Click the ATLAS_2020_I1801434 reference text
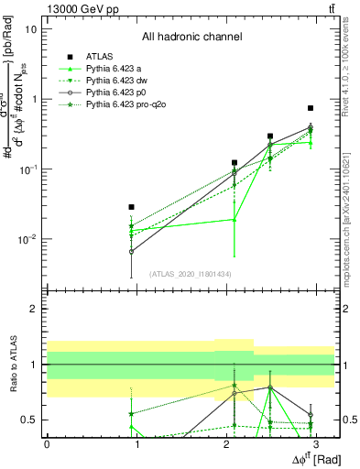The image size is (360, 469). tap(191, 274)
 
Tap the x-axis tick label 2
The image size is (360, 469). tap(225, 443)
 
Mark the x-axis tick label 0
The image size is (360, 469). tap(47, 443)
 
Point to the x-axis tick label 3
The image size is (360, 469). tap(315, 443)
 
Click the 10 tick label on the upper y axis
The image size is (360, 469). tap(31, 29)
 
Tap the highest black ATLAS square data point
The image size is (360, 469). tap(311, 108)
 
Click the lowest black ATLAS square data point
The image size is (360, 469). tap(132, 207)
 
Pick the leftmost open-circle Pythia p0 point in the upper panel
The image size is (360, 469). tap(132, 250)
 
